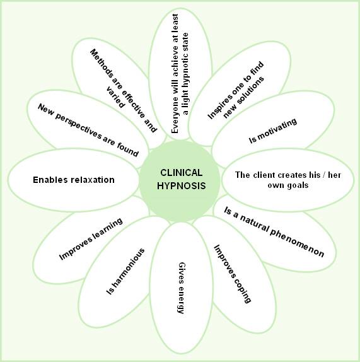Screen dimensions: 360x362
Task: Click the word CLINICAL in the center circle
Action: tap(181, 173)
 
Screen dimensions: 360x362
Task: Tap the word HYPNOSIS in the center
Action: tap(181, 186)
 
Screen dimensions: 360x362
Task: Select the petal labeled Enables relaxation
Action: tap(73, 180)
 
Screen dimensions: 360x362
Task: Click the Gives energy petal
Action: tap(181, 288)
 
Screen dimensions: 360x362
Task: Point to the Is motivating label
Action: tap(273, 131)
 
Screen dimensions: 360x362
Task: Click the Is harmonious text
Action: tap(125, 271)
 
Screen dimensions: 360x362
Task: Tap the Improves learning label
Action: tap(91, 239)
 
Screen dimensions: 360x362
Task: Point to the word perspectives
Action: tap(78, 127)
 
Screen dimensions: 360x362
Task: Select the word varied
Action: tap(115, 97)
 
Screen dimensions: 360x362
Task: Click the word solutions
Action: tap(251, 91)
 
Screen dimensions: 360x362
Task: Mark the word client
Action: tap(264, 175)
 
